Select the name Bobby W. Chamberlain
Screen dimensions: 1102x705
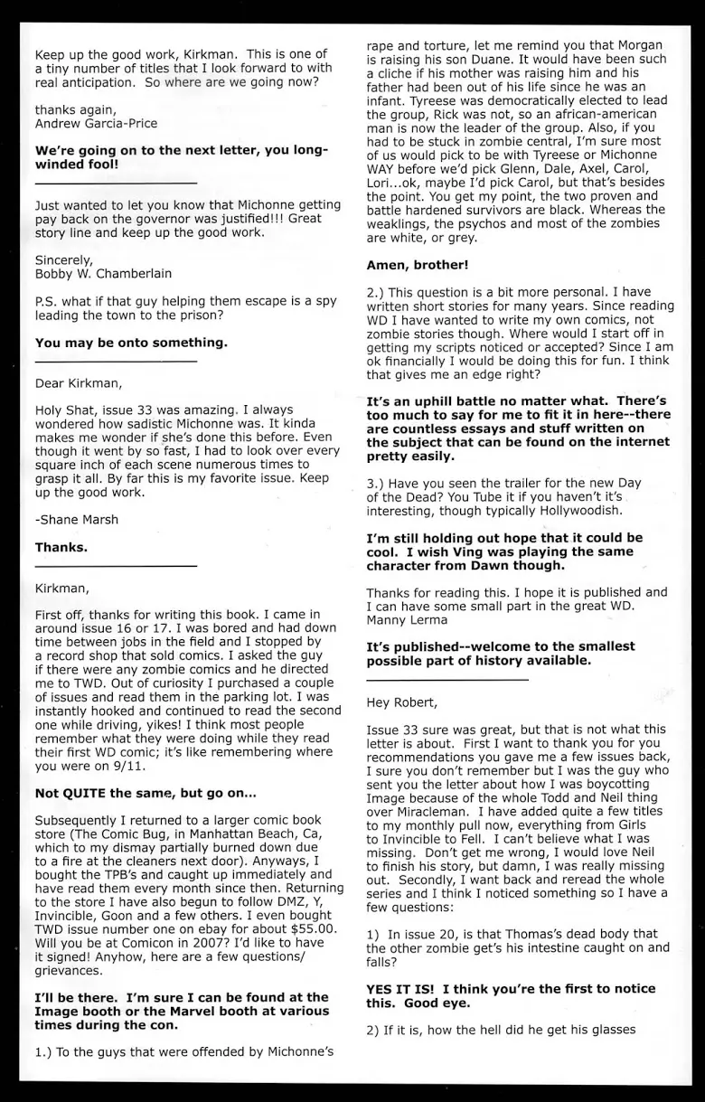pyautogui.click(x=103, y=274)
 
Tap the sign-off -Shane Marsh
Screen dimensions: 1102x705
pyautogui.click(x=76, y=520)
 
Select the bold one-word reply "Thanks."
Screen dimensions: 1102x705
pyautogui.click(x=61, y=547)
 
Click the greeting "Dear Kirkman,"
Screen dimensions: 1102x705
pyautogui.click(x=76, y=383)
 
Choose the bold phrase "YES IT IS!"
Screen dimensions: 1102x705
pyautogui.click(x=402, y=988)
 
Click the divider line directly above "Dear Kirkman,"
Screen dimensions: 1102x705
pyautogui.click(x=115, y=362)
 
